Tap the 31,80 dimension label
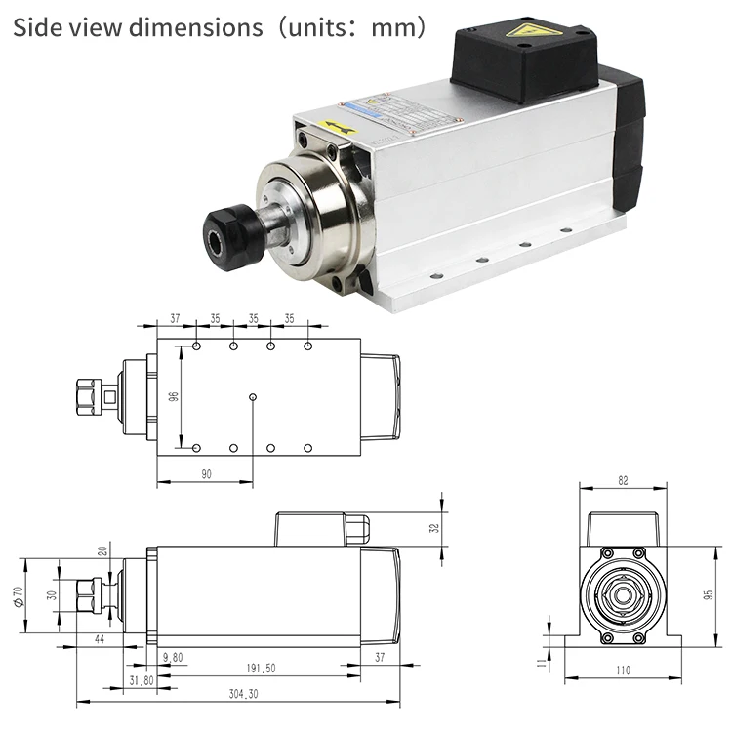point(142,680)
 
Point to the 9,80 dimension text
point(173,657)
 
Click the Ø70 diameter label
point(18,595)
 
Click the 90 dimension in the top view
point(205,473)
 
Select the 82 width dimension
point(623,480)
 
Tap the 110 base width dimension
point(623,670)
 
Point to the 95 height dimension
point(709,593)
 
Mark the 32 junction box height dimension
point(435,528)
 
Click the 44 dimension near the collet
point(100,638)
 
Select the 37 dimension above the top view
point(176,318)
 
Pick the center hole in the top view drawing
point(253,397)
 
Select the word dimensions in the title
point(198,26)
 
